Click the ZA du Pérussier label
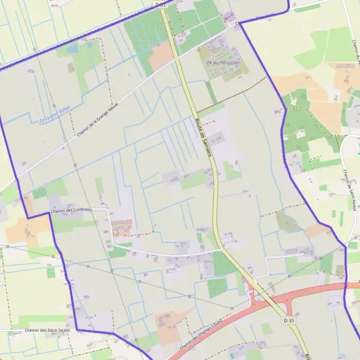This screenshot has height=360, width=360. pos(224,62)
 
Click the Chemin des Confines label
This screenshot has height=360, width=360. pos(70,210)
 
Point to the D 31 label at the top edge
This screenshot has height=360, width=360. pos(160,4)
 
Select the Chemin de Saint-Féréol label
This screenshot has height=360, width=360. pos(347,186)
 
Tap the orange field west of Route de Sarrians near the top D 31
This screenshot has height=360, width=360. pos(160,57)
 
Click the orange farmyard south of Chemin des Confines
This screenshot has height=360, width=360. pos(121,227)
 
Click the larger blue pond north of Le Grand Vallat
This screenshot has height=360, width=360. pos(73,49)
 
